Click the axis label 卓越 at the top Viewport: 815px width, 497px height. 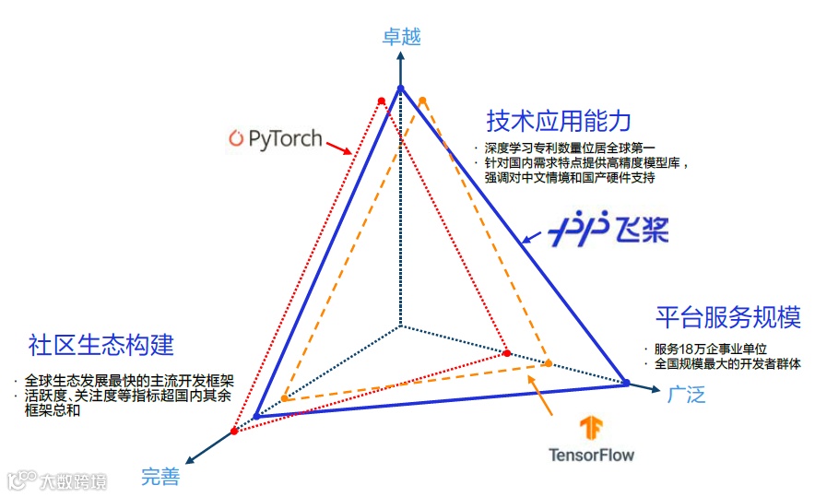coord(401,37)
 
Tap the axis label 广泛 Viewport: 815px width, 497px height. coord(686,395)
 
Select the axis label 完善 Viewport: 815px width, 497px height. coord(160,477)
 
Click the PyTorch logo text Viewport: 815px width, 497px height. coord(276,139)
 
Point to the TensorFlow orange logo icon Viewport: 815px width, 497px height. coord(591,430)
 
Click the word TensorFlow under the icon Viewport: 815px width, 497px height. coord(591,454)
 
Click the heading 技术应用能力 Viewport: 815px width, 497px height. coord(559,121)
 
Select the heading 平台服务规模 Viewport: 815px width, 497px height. coord(728,317)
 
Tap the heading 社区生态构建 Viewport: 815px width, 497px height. coord(101,346)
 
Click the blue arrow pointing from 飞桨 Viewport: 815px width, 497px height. coord(534,234)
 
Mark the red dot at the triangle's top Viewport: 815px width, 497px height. coord(381,101)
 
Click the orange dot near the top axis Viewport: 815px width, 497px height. coord(422,100)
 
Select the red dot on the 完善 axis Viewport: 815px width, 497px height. coord(234,432)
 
